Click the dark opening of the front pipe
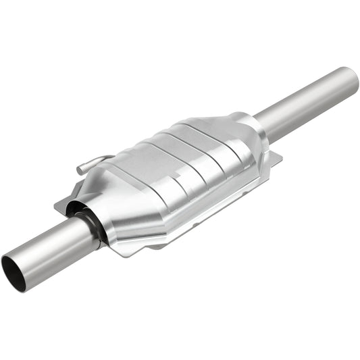tap(14, 264)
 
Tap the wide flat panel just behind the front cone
tap(135, 172)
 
